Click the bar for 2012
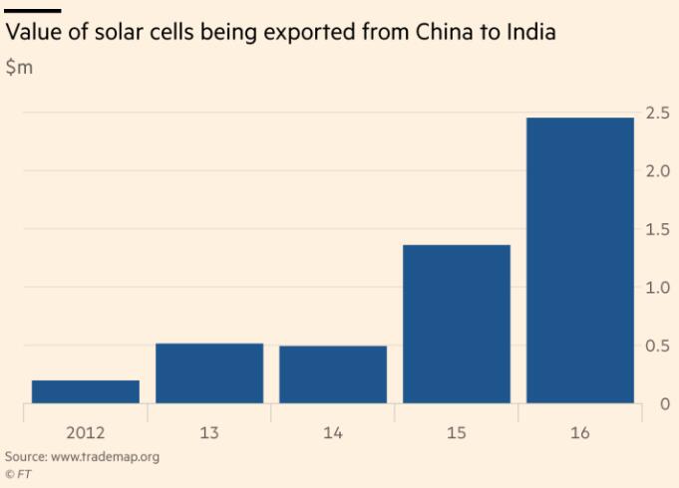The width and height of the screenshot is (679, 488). tap(86, 391)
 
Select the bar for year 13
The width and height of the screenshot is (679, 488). tap(209, 373)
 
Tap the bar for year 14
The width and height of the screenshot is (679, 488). tap(333, 374)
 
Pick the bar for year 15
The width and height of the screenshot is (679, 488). tap(457, 324)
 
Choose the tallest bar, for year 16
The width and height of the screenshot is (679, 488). tap(580, 261)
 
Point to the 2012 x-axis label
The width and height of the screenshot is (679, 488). tap(86, 435)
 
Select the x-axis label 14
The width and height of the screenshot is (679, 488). tap(333, 435)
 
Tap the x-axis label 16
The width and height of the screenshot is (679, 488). tap(580, 435)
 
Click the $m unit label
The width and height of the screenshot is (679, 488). tap(18, 71)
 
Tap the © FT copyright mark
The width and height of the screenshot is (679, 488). tap(17, 475)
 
